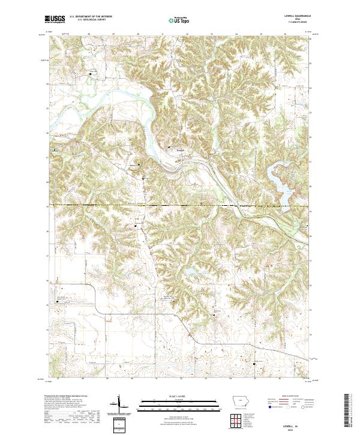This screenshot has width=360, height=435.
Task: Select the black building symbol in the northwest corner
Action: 91,74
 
